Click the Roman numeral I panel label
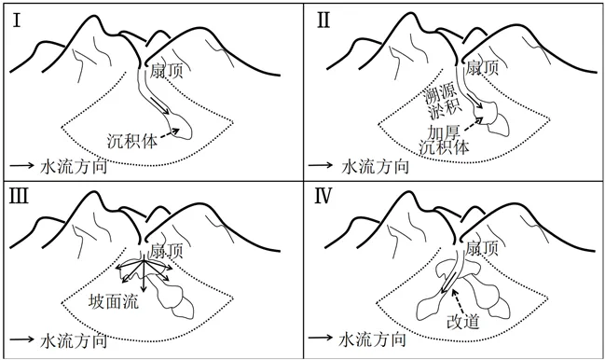tap(17, 21)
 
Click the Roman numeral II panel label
tap(323, 21)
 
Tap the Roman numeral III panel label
tap(19, 196)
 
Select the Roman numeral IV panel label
tap(323, 196)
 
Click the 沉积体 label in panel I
tap(132, 141)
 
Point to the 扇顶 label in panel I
tap(166, 71)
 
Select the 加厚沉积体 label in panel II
tap(445, 140)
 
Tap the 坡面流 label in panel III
tap(114, 301)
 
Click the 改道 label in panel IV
tap(463, 321)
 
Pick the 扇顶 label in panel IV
tap(482, 248)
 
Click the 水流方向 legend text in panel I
tap(74, 167)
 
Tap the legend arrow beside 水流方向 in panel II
tap(321, 165)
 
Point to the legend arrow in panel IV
tap(321, 337)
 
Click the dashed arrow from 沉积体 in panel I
tap(170, 132)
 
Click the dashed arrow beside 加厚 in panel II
tap(473, 124)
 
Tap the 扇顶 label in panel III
tap(166, 251)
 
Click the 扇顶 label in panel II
tap(482, 68)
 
